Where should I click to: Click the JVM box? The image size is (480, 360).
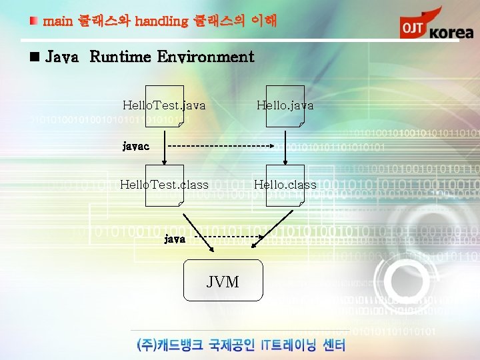223,282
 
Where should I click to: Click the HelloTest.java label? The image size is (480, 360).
164,105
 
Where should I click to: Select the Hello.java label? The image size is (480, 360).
285,105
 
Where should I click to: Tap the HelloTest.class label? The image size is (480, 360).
164,185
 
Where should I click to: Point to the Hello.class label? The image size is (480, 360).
285,185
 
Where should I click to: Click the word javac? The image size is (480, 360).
135,145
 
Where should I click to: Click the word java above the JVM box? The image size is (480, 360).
175,238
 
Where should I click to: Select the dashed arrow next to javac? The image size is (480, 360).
220,145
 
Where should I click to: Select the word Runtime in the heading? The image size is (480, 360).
119,57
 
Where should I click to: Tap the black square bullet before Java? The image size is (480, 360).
35,57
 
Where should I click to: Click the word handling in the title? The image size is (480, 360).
161,21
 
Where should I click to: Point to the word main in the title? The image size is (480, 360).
57,21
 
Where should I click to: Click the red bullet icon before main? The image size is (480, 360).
34,21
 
